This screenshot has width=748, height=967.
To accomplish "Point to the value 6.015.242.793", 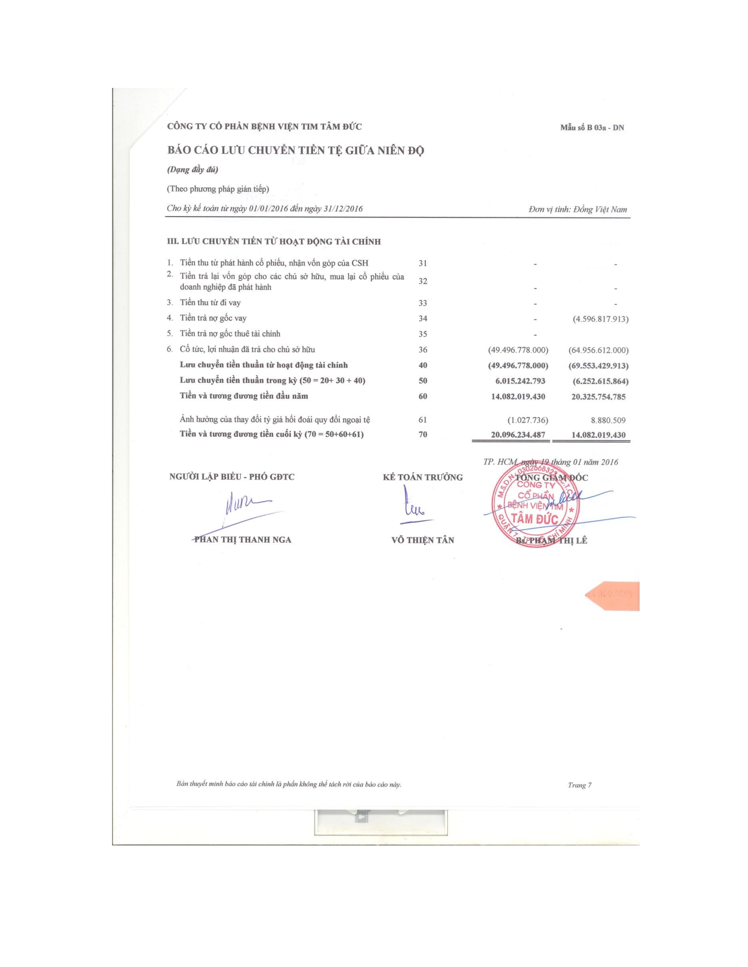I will tap(518, 381).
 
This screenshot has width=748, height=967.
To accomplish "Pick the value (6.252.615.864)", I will tap(598, 381).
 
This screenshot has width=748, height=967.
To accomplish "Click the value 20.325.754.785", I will tap(598, 396).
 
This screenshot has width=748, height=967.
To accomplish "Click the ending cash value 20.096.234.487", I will tap(518, 435).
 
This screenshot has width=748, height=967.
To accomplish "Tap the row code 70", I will tap(423, 434).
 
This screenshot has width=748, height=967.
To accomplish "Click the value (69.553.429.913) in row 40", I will tap(598, 366).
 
